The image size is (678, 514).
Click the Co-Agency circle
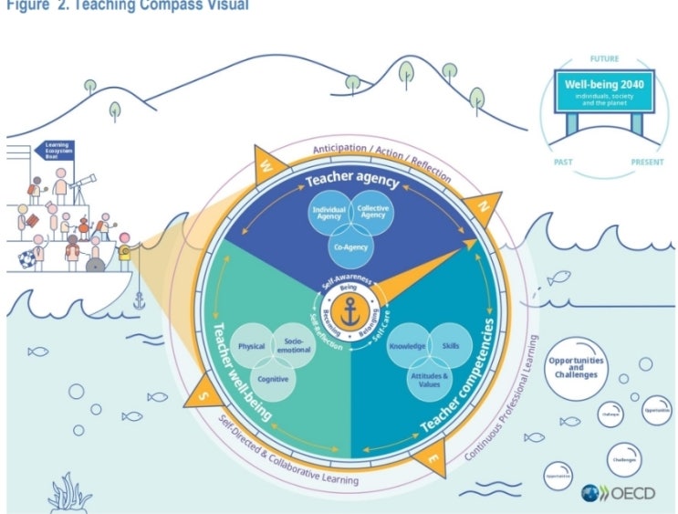tap(349, 246)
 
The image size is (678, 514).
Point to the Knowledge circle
tap(407, 346)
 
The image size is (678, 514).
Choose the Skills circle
tap(451, 346)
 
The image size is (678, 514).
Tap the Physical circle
tap(252, 347)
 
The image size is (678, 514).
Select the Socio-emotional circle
tap(294, 344)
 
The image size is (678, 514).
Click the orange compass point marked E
tap(431, 457)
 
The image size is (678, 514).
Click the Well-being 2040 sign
tap(605, 94)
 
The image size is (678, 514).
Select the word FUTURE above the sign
tap(604, 58)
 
